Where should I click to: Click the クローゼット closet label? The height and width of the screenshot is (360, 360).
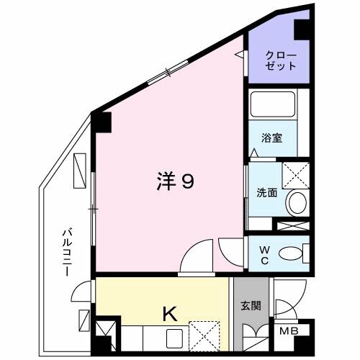pyautogui.click(x=280, y=60)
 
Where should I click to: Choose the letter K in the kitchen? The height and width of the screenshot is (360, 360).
pyautogui.click(x=170, y=313)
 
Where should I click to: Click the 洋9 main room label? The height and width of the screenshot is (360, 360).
pyautogui.click(x=175, y=183)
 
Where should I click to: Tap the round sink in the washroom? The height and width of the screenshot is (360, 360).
pyautogui.click(x=296, y=202)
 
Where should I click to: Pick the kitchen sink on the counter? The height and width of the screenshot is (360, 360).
pyautogui.click(x=175, y=336)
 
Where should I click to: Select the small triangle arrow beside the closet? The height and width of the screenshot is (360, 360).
pyautogui.click(x=240, y=54)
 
